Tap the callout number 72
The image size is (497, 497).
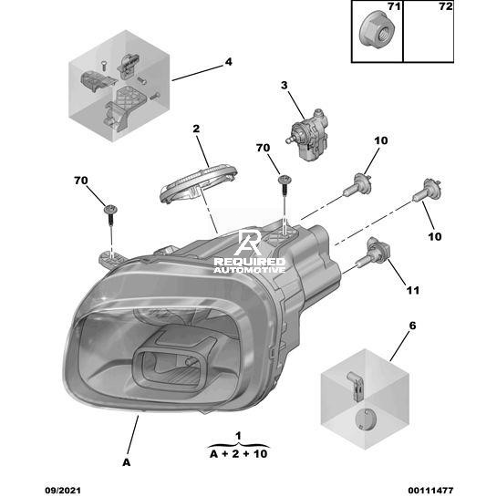coord(446,6)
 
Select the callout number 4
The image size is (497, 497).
coord(228,61)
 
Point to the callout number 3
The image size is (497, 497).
coord(284,85)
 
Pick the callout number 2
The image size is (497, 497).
coord(196,129)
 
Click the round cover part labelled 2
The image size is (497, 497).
coord(199,183)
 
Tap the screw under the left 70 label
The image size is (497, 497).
coord(110,215)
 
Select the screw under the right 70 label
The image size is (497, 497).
coord(285,186)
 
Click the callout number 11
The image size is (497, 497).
coord(413,290)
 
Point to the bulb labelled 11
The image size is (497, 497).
coord(372,255)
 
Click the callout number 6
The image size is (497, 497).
coord(412,326)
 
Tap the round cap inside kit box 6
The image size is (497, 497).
coord(364,419)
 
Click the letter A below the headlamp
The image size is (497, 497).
coord(126,462)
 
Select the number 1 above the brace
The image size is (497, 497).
coord(238,436)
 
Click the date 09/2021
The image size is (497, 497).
coord(63,491)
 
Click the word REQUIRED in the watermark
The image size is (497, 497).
coord(250,262)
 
